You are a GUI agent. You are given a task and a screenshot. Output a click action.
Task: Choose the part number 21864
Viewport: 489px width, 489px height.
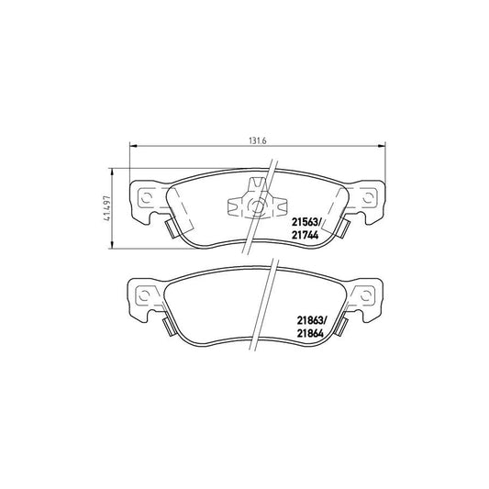point(310,334)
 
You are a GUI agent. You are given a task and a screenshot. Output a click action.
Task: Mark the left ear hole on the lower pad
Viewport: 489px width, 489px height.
point(145,295)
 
